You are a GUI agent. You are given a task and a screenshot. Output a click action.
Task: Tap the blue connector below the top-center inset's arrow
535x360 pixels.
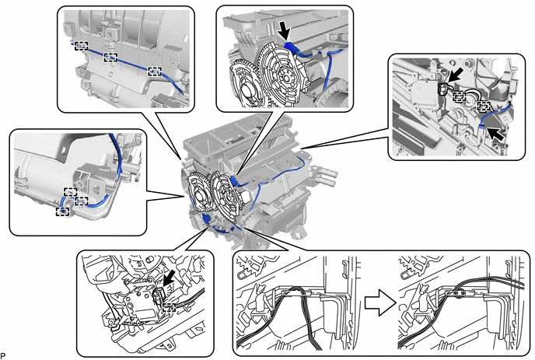pyautogui.click(x=291, y=47)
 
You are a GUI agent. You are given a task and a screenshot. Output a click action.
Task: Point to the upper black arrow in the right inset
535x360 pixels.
pyautogui.click(x=456, y=75)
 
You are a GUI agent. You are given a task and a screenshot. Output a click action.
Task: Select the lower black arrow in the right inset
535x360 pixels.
pyautogui.click(x=495, y=133)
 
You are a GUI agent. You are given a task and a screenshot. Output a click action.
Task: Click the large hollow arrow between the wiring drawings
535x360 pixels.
pyautogui.click(x=380, y=302)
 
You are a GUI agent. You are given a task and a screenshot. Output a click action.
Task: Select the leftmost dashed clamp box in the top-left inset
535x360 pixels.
pyautogui.click(x=81, y=46)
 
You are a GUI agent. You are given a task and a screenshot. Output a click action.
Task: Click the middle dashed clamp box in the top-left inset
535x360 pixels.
pyautogui.click(x=110, y=58)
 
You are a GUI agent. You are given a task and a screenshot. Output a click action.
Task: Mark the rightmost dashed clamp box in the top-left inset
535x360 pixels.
pyautogui.click(x=154, y=71)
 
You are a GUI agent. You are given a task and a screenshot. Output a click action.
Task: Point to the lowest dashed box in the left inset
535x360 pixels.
pyautogui.click(x=62, y=211)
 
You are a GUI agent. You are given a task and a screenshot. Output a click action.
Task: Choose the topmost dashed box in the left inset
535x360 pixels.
pyautogui.click(x=70, y=192)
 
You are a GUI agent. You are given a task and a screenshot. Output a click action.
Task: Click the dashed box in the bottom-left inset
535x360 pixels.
pyautogui.click(x=169, y=307)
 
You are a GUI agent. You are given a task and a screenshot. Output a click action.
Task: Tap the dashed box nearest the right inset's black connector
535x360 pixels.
pyautogui.click(x=460, y=97)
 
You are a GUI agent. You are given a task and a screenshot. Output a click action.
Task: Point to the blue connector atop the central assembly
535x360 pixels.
pyautogui.click(x=233, y=180)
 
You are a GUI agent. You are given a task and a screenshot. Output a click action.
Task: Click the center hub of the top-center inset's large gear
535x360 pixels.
pyautogui.click(x=285, y=76)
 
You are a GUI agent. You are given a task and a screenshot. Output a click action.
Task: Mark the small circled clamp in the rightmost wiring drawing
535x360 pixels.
pyautogui.click(x=459, y=293)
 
